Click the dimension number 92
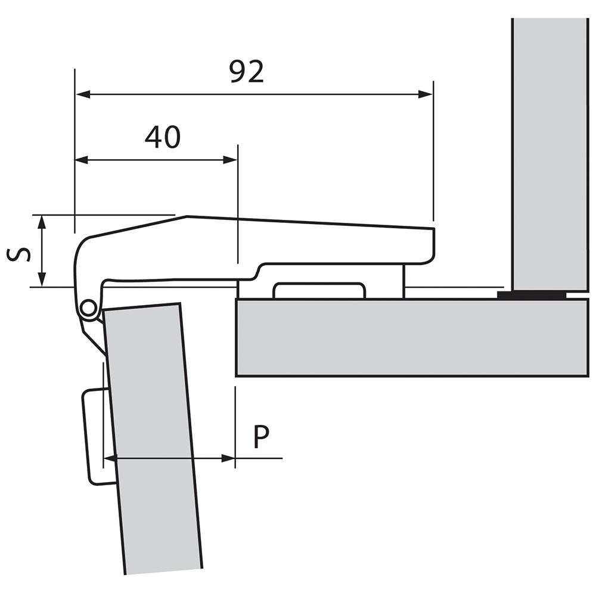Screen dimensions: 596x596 click(x=247, y=72)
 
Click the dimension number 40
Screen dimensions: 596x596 click(x=163, y=138)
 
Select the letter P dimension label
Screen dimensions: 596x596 click(x=260, y=437)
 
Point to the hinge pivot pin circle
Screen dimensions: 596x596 click(x=88, y=308)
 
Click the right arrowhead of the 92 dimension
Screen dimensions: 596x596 click(x=426, y=94)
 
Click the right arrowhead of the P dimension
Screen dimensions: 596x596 click(x=228, y=458)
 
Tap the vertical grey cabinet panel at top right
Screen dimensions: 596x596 click(x=550, y=149)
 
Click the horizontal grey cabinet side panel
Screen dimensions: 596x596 click(x=411, y=337)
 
